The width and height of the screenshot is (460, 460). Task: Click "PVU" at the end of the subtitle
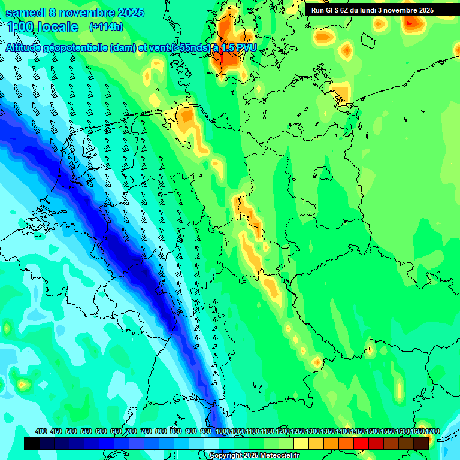click(245, 47)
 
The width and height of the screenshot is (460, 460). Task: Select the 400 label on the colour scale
click(41, 432)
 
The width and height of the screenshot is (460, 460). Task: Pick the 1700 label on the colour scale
click(416, 432)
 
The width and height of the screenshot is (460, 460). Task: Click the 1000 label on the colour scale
click(223, 432)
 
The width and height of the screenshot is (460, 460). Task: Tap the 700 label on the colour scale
click(131, 432)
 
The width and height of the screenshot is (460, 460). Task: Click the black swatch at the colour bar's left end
click(32, 443)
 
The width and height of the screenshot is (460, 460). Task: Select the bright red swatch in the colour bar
click(361, 443)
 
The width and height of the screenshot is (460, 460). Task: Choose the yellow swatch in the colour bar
click(301, 443)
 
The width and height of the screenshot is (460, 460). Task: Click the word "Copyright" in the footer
click(225, 456)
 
